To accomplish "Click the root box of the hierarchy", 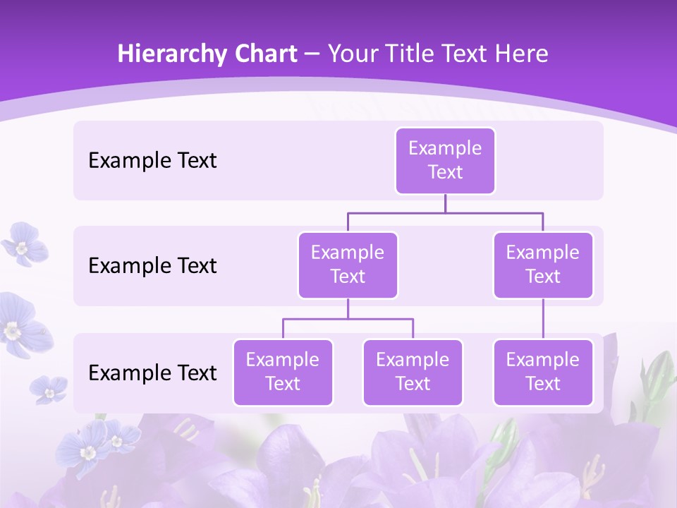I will [445, 160].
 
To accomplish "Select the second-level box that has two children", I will [348, 265].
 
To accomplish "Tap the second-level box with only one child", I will [543, 265].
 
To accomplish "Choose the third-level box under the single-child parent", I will [543, 372].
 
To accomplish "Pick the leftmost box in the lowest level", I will [283, 372].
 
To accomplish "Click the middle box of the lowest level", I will [413, 372].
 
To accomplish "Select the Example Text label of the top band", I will [152, 161].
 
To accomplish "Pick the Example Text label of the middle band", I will [152, 266].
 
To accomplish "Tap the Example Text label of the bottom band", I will [152, 373].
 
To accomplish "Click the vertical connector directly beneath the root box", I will [445, 203].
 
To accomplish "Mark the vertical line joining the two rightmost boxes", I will [543, 319].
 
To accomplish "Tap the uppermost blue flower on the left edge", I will [23, 244].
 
